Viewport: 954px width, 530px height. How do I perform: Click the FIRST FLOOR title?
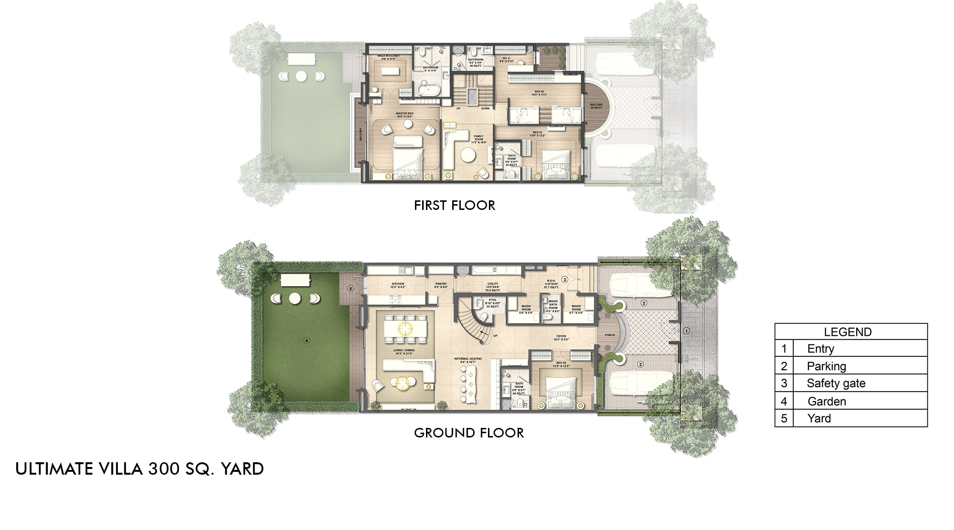coord(454,206)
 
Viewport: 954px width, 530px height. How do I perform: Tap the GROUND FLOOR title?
coord(468,433)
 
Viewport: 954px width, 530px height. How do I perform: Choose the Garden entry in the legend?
coord(827,401)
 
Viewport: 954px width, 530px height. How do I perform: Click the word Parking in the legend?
coord(826,366)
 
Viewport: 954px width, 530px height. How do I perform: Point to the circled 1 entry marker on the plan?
coord(686,330)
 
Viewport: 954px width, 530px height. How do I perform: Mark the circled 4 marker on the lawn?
coord(307,340)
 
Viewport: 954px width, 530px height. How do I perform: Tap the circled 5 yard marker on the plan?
coord(350,289)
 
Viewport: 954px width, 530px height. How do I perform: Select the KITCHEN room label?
coord(398,284)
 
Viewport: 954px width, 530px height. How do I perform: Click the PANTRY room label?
coord(441,284)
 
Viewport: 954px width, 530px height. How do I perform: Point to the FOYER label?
coord(561,336)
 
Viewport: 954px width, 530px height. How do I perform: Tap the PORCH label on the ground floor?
coord(610,335)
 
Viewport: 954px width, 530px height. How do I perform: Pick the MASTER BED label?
coord(404,114)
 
